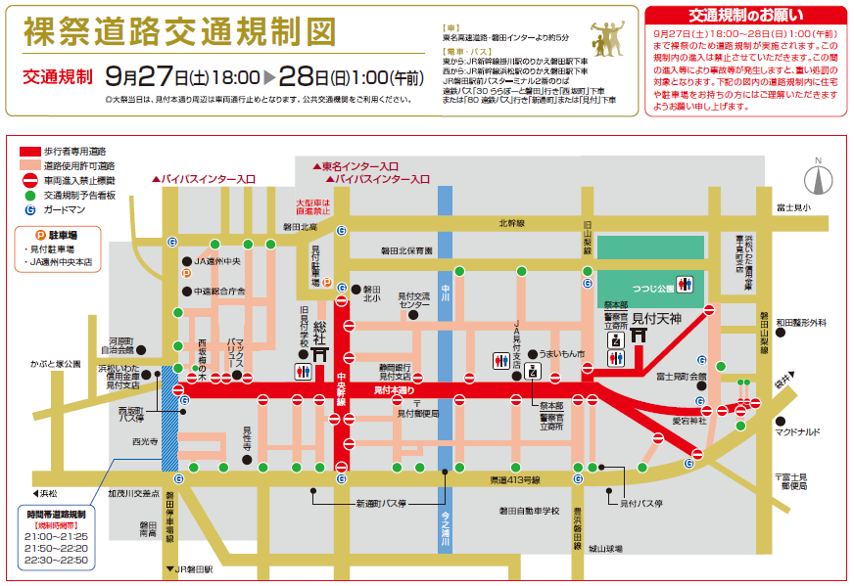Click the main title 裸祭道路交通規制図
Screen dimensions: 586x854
(181, 33)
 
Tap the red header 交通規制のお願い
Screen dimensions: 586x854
(745, 15)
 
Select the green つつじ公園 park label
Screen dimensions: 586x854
(650, 289)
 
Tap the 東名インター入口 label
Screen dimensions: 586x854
(361, 166)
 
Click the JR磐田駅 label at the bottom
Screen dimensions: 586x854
(194, 567)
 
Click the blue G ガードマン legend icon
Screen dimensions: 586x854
(29, 208)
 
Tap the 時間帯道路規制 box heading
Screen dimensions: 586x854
(57, 513)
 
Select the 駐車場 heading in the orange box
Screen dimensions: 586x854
(63, 236)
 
